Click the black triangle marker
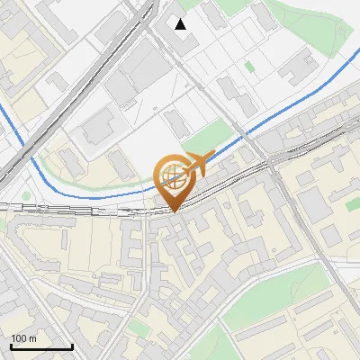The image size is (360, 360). [181, 24]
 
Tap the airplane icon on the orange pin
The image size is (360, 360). [196, 164]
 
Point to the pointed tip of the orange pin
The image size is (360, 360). [175, 210]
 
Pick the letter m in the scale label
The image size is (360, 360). [33, 338]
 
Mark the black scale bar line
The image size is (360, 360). [40, 346]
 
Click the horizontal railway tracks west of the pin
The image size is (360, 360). [72, 209]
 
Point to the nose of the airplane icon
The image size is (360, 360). [212, 155]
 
